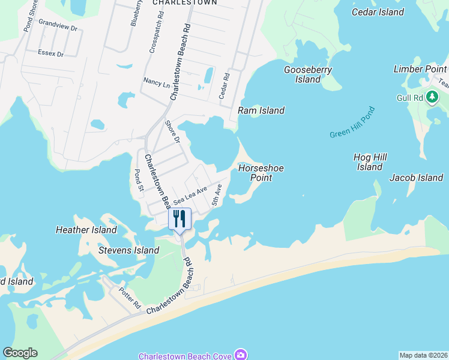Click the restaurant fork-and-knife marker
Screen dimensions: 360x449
(x=179, y=218)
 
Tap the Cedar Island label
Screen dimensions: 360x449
(x=378, y=12)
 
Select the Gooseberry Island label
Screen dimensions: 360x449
(x=308, y=74)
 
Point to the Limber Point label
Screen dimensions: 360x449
(x=420, y=69)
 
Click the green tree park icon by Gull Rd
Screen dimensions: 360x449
(x=432, y=98)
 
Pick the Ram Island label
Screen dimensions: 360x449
(x=261, y=110)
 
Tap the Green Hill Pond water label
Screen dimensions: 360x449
(x=352, y=122)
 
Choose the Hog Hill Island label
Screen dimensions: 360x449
(x=370, y=162)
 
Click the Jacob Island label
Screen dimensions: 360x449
(x=416, y=178)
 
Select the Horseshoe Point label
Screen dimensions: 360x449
(x=261, y=173)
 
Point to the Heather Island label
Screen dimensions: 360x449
(x=86, y=230)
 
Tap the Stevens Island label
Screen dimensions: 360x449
(x=129, y=250)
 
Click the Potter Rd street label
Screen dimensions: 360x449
(x=129, y=295)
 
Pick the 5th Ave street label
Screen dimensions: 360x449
(x=217, y=196)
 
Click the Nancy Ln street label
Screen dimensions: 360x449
(x=156, y=81)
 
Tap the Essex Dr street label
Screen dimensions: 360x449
(x=50, y=53)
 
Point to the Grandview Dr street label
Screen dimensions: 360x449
(x=58, y=28)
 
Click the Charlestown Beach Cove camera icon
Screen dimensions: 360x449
(x=241, y=355)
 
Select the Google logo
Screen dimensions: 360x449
(x=20, y=353)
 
